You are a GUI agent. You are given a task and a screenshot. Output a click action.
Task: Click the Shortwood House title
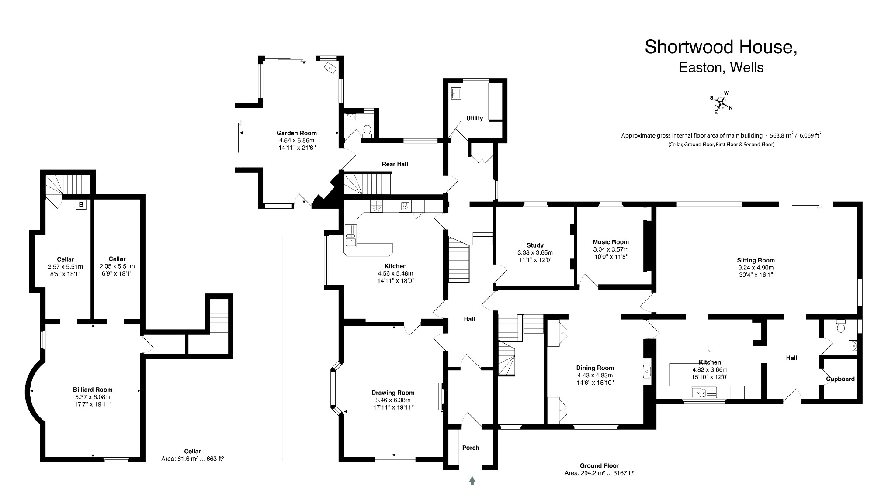(721, 47)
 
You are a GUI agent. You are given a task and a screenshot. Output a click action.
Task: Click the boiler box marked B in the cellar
(81, 204)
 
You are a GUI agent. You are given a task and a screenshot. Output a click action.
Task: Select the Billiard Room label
(93, 390)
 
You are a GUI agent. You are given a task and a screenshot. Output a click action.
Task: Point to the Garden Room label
(296, 133)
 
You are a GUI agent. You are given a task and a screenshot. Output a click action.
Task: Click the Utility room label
(475, 118)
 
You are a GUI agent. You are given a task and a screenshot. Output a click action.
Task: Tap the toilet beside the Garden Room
(368, 131)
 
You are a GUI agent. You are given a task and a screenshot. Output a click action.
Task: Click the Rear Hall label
(395, 164)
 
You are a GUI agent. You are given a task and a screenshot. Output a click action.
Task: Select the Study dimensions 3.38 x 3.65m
(535, 252)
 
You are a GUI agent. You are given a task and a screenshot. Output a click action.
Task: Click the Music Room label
(611, 242)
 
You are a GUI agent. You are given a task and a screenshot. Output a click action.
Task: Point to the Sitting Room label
(756, 260)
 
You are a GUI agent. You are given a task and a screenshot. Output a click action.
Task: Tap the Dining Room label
(595, 368)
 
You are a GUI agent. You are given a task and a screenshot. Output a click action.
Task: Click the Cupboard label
(840, 379)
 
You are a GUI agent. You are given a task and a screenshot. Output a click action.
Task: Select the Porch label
(471, 448)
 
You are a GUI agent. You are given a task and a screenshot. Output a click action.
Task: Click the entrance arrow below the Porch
(472, 481)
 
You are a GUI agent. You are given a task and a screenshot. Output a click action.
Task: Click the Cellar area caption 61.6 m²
(192, 459)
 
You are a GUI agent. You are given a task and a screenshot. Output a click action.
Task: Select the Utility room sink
(456, 93)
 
